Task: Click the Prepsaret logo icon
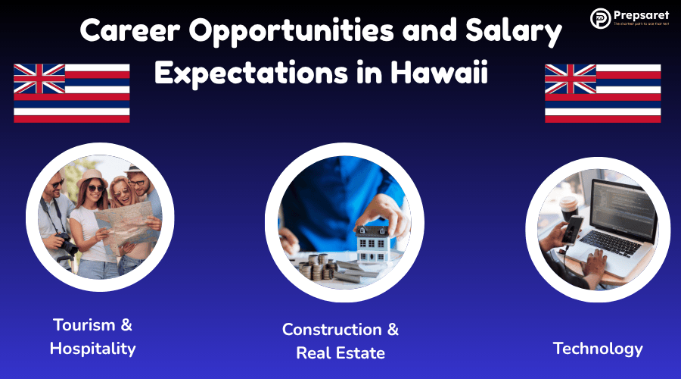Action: click(601, 18)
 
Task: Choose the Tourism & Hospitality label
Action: click(92, 337)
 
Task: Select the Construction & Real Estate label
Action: click(340, 341)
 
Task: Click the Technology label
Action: click(598, 349)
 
